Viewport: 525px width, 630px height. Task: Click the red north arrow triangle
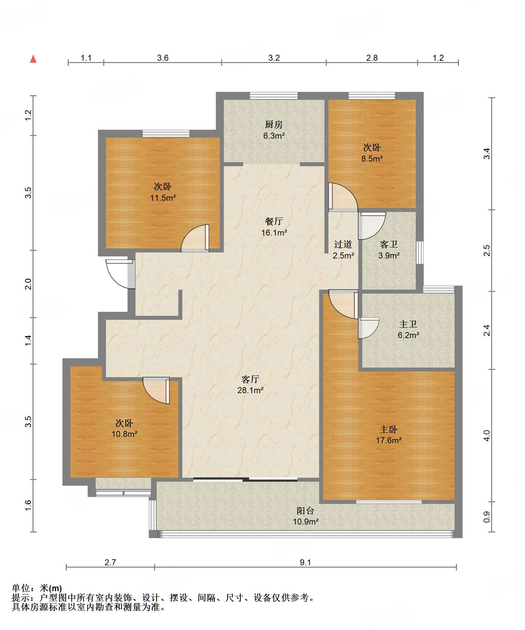coord(33,59)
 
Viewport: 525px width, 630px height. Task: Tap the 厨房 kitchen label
coord(274,124)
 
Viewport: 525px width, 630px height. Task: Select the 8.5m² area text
coord(372,158)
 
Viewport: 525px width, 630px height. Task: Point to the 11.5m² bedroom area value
coord(163,198)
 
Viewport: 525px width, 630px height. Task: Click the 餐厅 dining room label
coord(274,221)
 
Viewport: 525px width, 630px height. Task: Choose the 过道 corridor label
coord(343,245)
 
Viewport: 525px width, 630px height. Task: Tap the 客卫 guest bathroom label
coord(389,245)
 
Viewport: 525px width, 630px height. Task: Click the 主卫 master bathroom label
coord(408,324)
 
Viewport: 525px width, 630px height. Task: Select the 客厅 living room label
coord(250,379)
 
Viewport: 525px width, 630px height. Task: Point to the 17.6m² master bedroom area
coord(389,440)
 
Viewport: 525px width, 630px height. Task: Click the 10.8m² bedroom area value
coord(125,434)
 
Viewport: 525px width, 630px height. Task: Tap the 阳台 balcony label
coord(306,511)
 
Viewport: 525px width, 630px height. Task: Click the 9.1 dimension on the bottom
coord(306,562)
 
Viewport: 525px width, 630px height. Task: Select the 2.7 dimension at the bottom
coord(110,562)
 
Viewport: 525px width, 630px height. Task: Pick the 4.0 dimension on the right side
coord(486,436)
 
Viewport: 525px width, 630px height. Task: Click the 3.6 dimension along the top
coord(163,58)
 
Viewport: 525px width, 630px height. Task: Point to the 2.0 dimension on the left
coord(28,284)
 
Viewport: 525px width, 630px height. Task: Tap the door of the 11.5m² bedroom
coord(195,238)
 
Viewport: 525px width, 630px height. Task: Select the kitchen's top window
coord(274,96)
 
